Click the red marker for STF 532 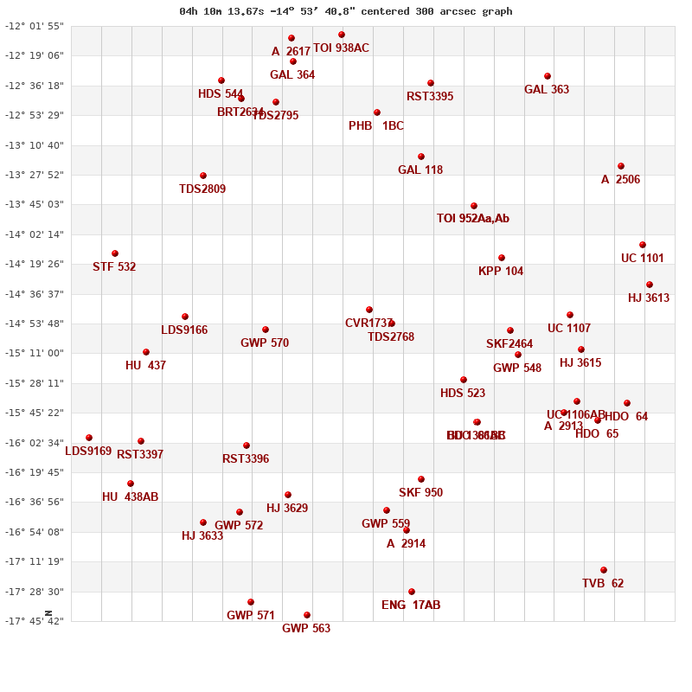115,253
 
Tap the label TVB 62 603,584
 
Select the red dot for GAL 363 548,76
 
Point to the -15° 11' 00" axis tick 35,353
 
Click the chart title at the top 346,11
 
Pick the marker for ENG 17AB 412,592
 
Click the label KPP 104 501,272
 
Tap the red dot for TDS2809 203,176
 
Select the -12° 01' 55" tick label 35,26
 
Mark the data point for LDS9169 89,438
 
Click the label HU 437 145,366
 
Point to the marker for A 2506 621,166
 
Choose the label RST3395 430,97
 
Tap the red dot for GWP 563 307,615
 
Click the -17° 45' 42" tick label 35,621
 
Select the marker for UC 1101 643,245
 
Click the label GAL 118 420,170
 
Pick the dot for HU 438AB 131,484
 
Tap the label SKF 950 420,493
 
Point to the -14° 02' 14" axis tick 35,234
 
